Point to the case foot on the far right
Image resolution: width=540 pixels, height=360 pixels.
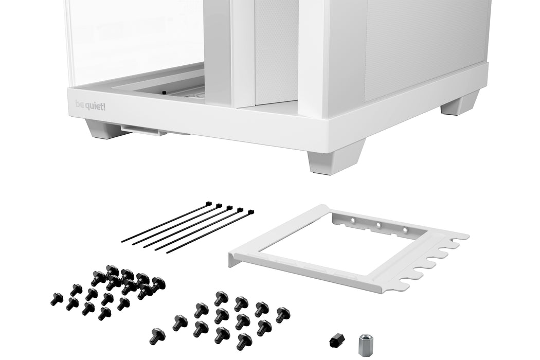coord(460,104)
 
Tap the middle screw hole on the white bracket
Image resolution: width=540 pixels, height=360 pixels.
coord(379,225)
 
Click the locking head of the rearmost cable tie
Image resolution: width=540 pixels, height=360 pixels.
coord(208,204)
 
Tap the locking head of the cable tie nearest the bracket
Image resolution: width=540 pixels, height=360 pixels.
coord(250,212)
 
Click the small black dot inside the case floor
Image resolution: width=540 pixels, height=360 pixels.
coord(164,93)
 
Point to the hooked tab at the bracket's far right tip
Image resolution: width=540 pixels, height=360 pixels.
coord(460,237)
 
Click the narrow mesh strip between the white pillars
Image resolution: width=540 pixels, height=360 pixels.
coord(276,51)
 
